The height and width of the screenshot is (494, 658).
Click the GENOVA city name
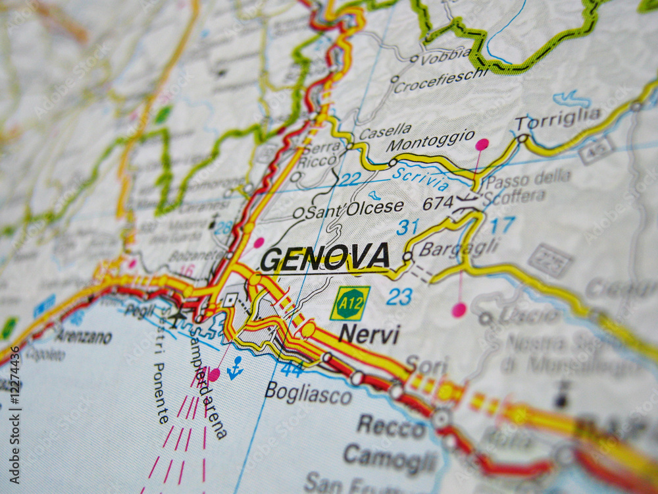point(325,257)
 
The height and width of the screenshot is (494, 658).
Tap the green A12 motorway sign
point(349,303)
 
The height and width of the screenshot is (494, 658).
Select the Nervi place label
point(369,335)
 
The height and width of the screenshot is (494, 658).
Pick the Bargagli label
point(459,248)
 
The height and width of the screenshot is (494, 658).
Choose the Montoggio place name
point(430,140)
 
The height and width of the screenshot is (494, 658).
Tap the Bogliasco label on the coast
point(308,393)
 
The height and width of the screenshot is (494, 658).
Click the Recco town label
point(392,427)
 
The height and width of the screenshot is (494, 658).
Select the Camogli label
point(390,458)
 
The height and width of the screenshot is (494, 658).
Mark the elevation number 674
point(438,203)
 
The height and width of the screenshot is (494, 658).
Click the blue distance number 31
point(407,227)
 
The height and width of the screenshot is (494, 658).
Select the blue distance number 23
point(399,296)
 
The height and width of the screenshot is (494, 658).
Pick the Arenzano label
point(84,337)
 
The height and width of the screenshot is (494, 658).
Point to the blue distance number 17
point(502,225)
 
